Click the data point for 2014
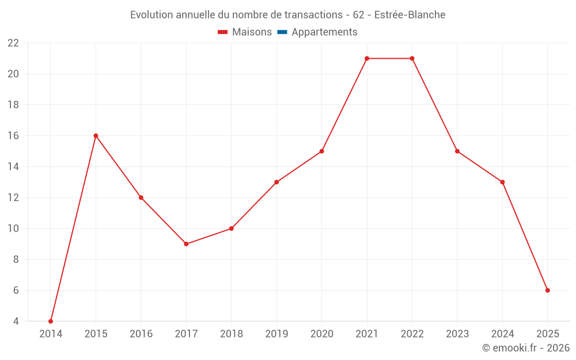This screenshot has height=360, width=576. pyautogui.click(x=51, y=321)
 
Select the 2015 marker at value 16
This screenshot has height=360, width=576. pyautogui.click(x=96, y=136)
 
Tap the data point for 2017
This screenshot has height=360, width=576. pyautogui.click(x=186, y=244)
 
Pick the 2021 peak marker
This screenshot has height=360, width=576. pyautogui.click(x=367, y=58)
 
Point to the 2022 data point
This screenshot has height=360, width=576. pyautogui.click(x=412, y=58)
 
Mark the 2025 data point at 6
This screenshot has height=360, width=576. pyautogui.click(x=547, y=290)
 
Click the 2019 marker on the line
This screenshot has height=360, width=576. pyautogui.click(x=276, y=182)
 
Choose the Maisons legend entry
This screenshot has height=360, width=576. pyautogui.click(x=251, y=32)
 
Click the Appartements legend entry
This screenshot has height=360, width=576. pyautogui.click(x=324, y=32)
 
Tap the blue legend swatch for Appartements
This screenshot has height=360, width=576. pyautogui.click(x=282, y=32)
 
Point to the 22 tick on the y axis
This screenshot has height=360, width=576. pyautogui.click(x=13, y=43)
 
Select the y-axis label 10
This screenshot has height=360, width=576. pyautogui.click(x=13, y=229)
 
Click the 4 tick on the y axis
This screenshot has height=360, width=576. pyautogui.click(x=16, y=321)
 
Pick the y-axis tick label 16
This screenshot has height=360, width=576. pyautogui.click(x=13, y=136)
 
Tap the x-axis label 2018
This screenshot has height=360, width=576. pyautogui.click(x=231, y=334)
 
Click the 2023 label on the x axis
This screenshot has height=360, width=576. pyautogui.click(x=457, y=334)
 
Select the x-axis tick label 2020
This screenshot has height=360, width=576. pyautogui.click(x=321, y=334)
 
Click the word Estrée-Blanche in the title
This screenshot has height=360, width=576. pyautogui.click(x=410, y=15)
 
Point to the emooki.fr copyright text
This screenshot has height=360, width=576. pyautogui.click(x=526, y=348)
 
